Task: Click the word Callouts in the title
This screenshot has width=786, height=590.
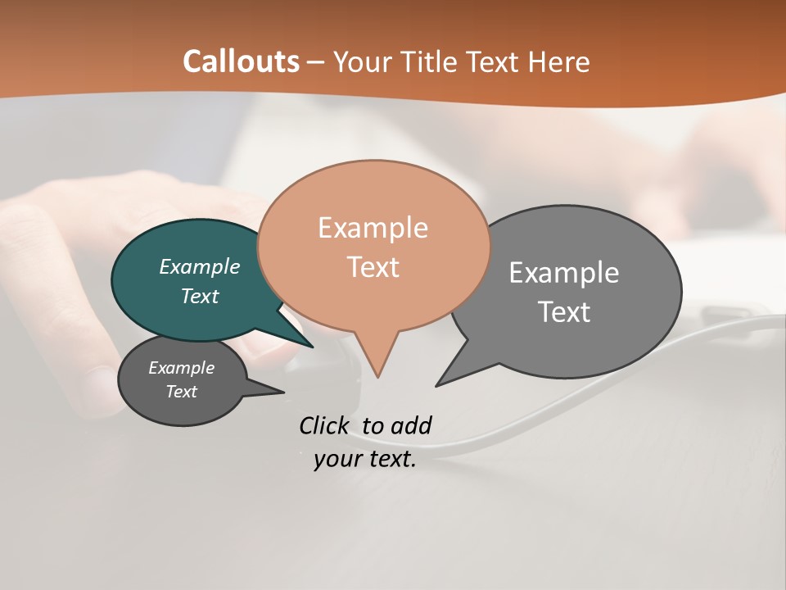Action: (x=242, y=61)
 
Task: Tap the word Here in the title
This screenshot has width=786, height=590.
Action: (x=559, y=62)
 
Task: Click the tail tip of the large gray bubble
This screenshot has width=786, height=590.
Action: (x=437, y=385)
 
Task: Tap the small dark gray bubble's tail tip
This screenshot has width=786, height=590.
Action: (x=283, y=393)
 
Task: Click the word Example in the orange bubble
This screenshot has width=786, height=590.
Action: (x=373, y=228)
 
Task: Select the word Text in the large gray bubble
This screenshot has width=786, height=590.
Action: (x=564, y=312)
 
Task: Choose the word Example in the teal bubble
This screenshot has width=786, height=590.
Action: (x=200, y=267)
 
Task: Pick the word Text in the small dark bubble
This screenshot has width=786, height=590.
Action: (x=182, y=392)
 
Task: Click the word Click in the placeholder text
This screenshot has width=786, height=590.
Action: (x=324, y=425)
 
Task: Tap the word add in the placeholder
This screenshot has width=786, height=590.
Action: (x=411, y=425)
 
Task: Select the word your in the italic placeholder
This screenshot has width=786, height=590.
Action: (x=337, y=459)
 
